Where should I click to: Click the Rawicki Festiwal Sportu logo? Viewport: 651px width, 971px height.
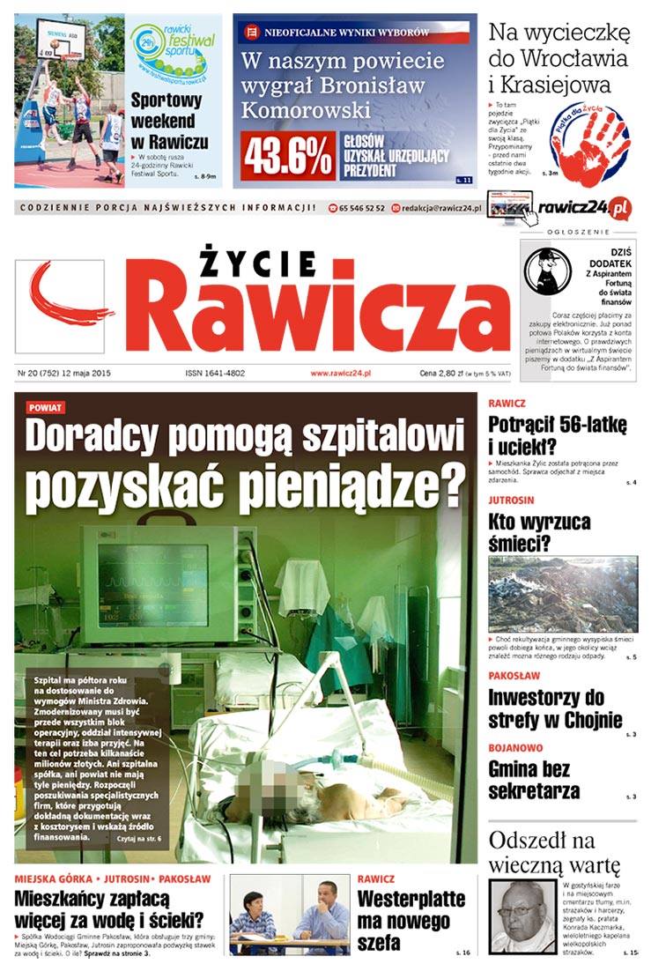click(173, 52)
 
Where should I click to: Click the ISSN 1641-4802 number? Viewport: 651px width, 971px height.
click(217, 373)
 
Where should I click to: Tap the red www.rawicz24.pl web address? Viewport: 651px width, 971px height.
click(340, 373)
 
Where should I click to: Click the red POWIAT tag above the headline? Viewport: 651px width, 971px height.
click(46, 408)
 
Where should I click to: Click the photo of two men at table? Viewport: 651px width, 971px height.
click(290, 916)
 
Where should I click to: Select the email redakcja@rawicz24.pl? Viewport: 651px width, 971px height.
click(440, 208)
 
